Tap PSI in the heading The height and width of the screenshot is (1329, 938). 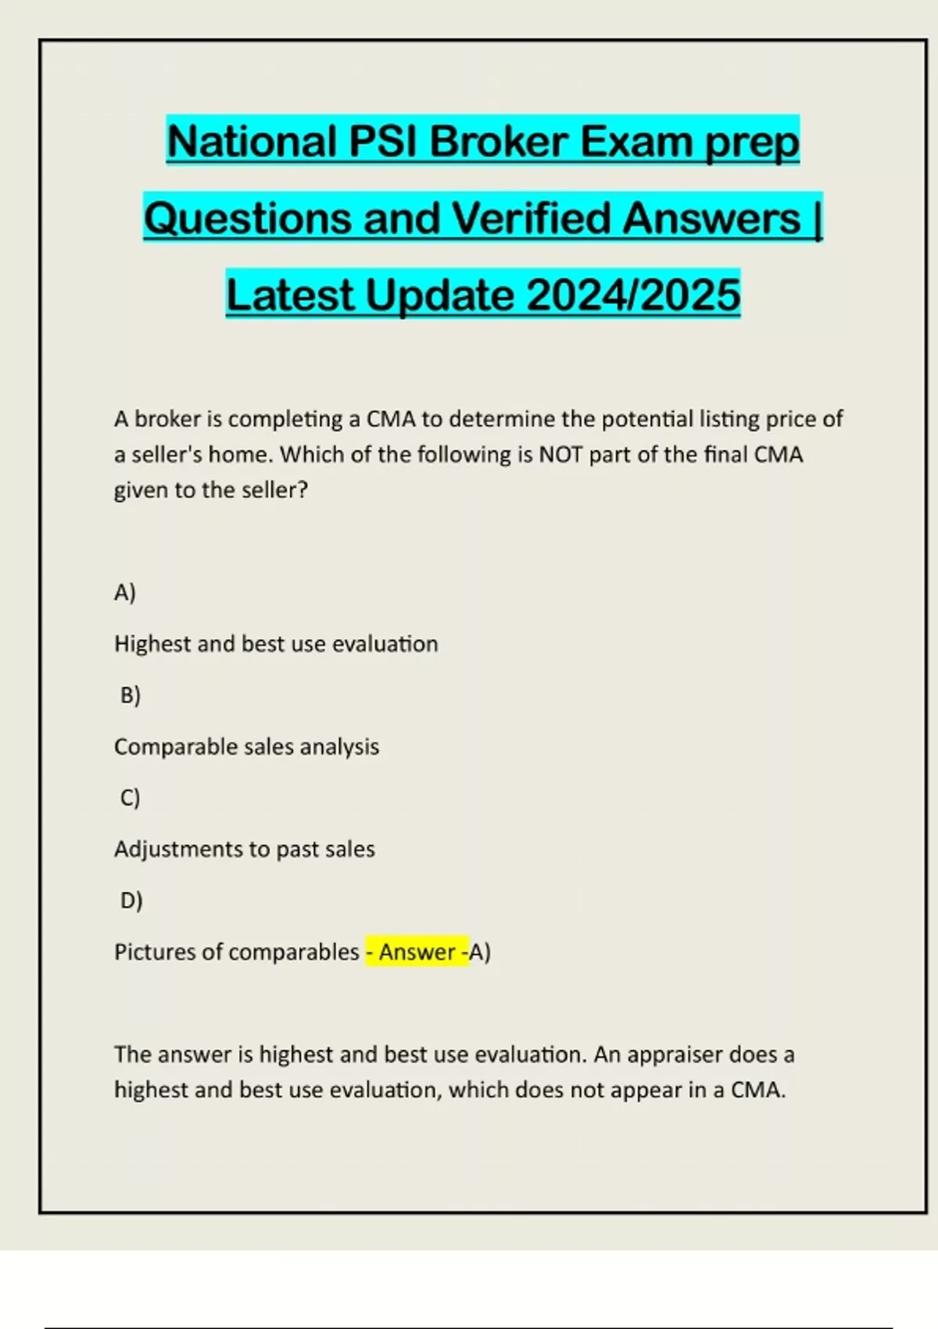tap(382, 141)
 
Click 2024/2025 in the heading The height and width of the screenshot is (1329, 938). tap(633, 295)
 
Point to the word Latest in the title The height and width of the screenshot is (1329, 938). tap(290, 295)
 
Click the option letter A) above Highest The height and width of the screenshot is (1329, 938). tap(125, 593)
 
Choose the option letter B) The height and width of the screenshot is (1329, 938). tap(131, 695)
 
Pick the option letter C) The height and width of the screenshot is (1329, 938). tap(131, 797)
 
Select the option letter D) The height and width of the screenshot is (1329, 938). tap(131, 901)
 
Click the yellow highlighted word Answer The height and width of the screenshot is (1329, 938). tap(417, 952)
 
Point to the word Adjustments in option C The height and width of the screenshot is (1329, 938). tap(177, 849)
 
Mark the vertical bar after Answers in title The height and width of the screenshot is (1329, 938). tap(818, 217)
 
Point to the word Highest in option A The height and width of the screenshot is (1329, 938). tap(152, 644)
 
